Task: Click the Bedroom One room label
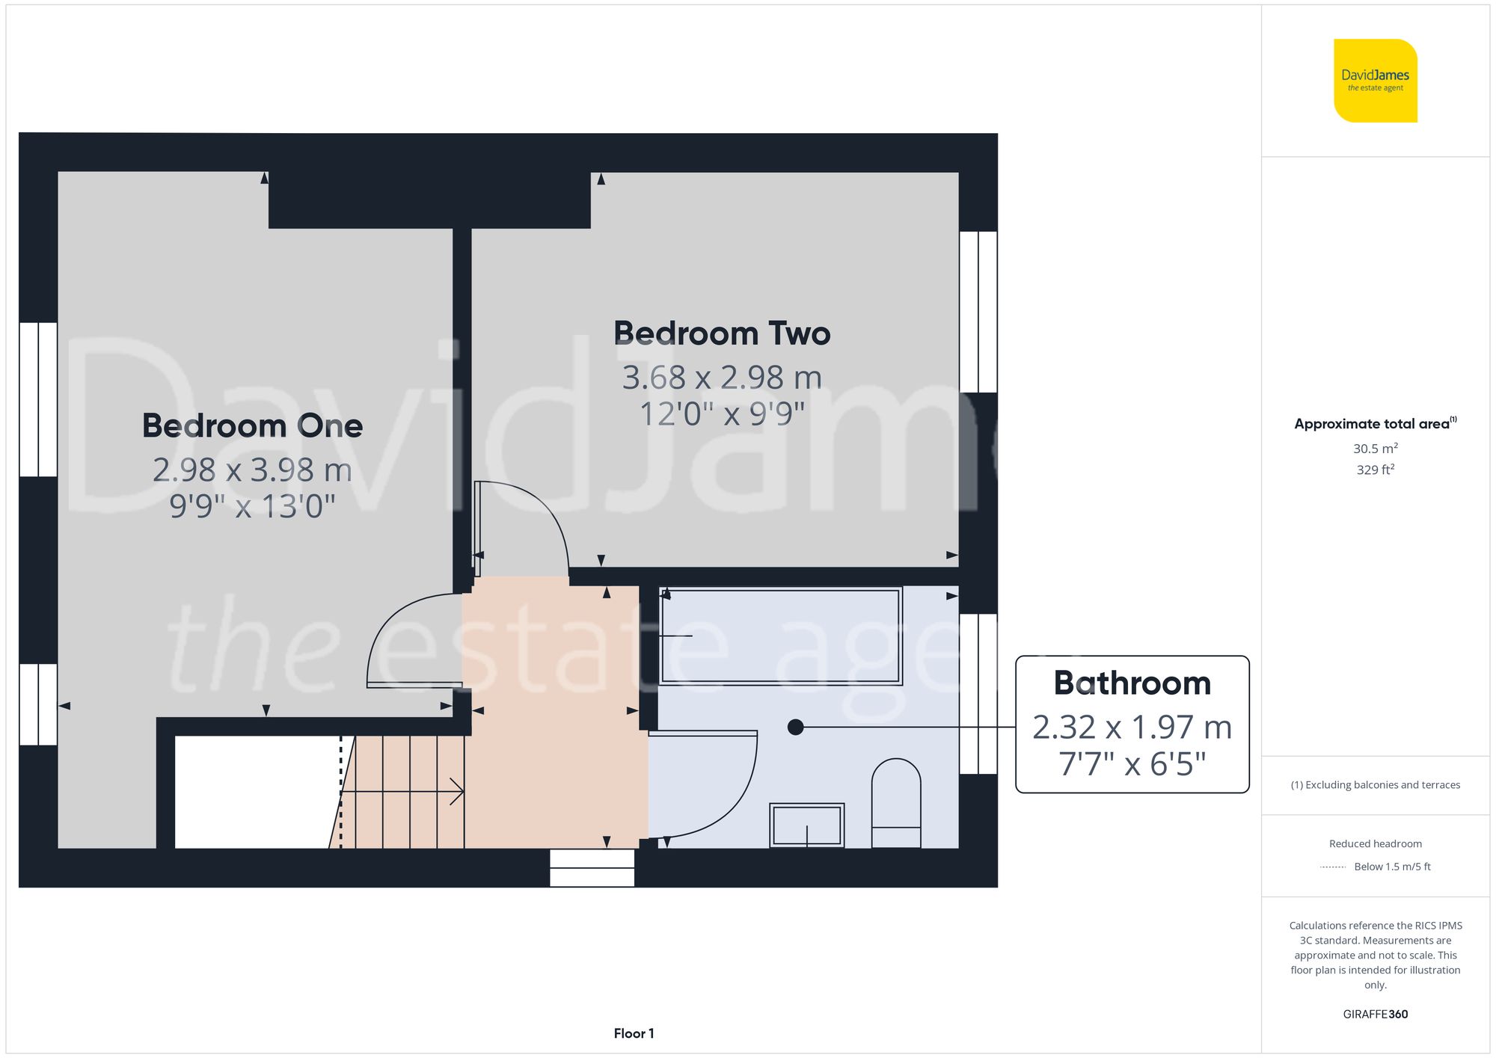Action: click(x=252, y=426)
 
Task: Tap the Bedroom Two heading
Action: click(x=722, y=333)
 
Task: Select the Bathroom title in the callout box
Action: click(x=1132, y=683)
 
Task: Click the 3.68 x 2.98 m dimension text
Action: click(x=722, y=378)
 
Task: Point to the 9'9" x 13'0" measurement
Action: click(x=252, y=506)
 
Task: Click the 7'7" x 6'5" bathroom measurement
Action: click(x=1132, y=764)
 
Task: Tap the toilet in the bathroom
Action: click(x=895, y=804)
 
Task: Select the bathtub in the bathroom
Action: click(x=781, y=636)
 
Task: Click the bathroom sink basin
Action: click(x=807, y=825)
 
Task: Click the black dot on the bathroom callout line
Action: click(x=796, y=727)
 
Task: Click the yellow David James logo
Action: click(x=1375, y=81)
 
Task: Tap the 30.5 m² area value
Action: click(x=1375, y=449)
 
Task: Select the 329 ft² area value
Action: click(x=1375, y=470)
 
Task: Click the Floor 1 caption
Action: click(x=634, y=1033)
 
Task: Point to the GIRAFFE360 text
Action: click(x=1375, y=1015)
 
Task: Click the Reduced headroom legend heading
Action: click(x=1375, y=843)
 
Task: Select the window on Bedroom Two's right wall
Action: click(x=978, y=312)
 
